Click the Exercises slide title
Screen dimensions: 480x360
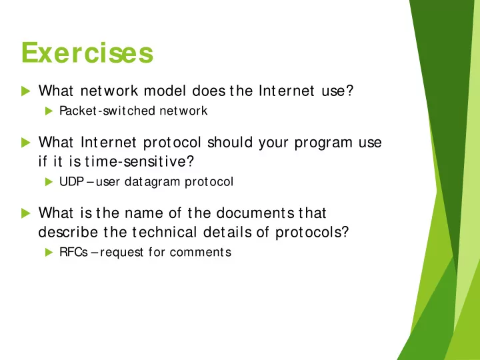tap(87, 53)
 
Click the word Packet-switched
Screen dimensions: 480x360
tap(107, 111)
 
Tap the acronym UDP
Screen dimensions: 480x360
tap(71, 181)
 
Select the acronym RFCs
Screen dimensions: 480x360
tap(73, 252)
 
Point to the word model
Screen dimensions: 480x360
tap(165, 91)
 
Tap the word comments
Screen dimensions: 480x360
tap(201, 252)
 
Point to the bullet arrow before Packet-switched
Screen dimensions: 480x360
tap(49, 111)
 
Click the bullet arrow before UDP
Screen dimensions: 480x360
tap(49, 182)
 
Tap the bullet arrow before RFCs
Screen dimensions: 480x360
tap(49, 252)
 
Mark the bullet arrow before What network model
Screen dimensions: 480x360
tap(26, 91)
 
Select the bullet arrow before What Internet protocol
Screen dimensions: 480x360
tap(26, 143)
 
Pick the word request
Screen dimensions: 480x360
tap(121, 253)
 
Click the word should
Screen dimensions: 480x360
tap(230, 143)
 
